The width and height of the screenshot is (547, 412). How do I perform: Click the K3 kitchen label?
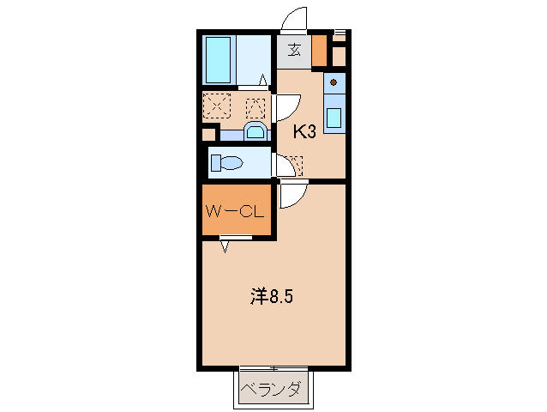point(306,131)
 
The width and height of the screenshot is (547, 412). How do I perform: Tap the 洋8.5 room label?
point(273,297)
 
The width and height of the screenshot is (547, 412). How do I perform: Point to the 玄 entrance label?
point(293,49)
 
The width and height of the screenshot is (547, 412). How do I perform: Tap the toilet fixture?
point(226,162)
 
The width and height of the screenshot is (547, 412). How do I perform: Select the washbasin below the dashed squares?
point(255,131)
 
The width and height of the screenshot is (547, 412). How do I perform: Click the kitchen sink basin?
point(334,115)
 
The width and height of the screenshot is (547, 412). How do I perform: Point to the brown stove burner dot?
point(334,83)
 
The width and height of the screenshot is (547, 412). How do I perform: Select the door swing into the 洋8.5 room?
point(291,196)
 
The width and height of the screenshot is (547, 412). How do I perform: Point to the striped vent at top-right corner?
point(339,34)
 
